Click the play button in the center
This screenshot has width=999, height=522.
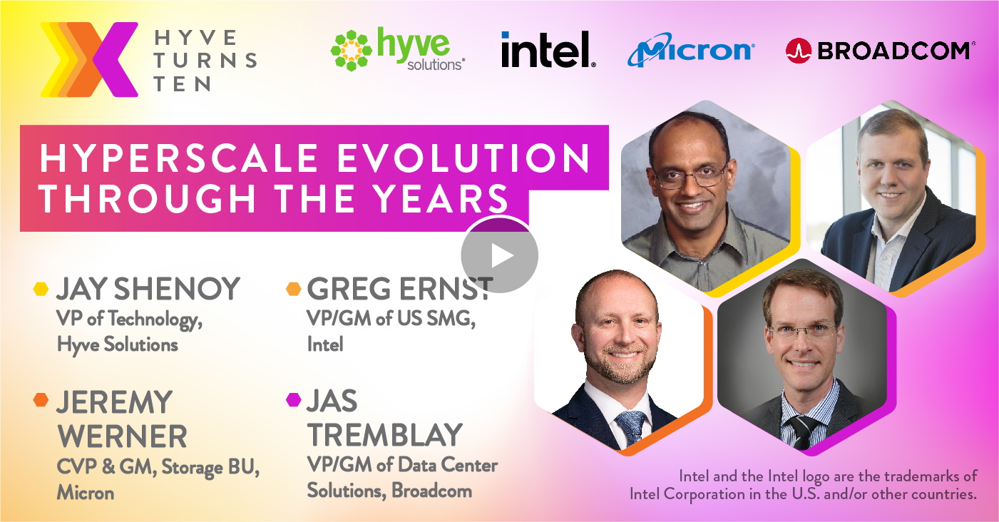499,255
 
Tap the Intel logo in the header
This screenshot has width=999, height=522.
548,49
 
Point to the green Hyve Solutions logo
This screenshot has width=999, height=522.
398,49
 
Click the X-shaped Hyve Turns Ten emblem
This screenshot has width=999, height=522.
89,59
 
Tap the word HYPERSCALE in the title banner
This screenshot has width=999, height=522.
179,158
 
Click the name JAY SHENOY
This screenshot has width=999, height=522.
148,289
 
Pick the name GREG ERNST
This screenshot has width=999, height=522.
399,289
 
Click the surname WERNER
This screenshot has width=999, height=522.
122,436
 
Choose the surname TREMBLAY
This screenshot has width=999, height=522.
385,434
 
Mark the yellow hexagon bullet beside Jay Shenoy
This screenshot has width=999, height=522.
41,289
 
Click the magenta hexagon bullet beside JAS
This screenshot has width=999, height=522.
294,399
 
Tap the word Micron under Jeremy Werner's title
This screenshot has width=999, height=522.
86,493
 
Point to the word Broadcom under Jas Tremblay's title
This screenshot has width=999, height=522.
431,491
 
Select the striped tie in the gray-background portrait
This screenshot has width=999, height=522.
801,431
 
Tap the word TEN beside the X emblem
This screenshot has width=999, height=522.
182,83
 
